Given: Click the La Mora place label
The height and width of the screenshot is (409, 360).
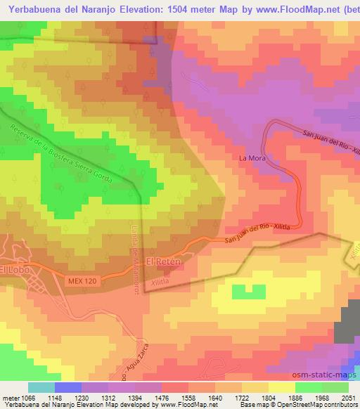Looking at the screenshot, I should [250, 157].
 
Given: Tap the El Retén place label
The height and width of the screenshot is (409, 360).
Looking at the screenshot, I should [163, 261].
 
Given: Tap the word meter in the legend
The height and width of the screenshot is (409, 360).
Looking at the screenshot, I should [10, 397].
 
